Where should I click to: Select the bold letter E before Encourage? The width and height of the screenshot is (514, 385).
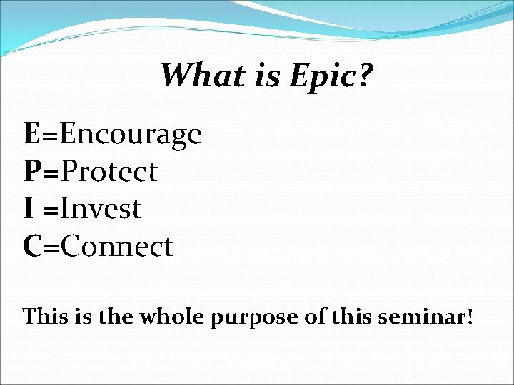(x=31, y=133)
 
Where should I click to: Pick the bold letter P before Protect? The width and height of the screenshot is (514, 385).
(x=31, y=171)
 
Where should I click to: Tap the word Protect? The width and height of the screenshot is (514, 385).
(x=109, y=171)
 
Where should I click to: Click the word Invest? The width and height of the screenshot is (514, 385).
(x=101, y=209)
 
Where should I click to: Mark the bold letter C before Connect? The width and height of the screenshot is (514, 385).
(x=32, y=247)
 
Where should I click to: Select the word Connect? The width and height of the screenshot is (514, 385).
(x=116, y=247)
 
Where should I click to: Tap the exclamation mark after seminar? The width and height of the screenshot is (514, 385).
(x=469, y=316)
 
